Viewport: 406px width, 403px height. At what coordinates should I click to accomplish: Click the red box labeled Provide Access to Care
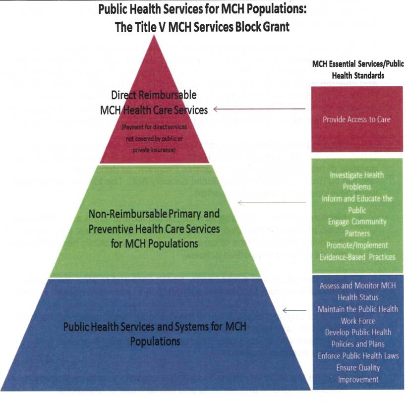click(356, 119)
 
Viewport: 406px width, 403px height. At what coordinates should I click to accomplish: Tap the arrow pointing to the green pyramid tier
click(272, 202)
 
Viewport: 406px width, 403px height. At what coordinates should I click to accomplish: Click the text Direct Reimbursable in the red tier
click(154, 95)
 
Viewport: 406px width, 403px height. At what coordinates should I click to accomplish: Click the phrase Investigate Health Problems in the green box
click(357, 181)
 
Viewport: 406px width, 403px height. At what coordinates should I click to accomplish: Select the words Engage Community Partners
click(357, 228)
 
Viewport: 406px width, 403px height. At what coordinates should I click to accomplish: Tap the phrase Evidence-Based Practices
click(357, 257)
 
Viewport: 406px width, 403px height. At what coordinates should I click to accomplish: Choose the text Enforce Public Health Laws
click(358, 355)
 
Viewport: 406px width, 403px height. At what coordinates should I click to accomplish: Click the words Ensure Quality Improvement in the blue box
click(358, 373)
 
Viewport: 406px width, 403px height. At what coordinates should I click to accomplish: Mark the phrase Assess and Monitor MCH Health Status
click(358, 291)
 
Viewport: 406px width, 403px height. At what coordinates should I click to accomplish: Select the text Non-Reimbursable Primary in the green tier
click(154, 215)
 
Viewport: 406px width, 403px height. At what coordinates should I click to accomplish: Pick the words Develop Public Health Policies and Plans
click(358, 338)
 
